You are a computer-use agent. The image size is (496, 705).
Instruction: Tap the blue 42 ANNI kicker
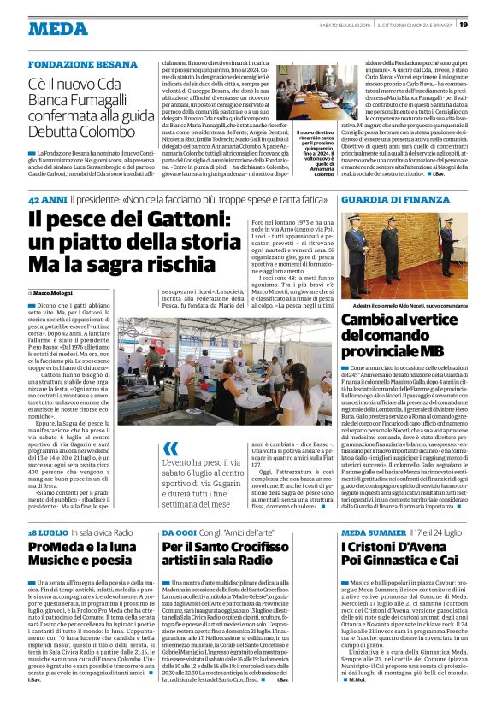46,199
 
